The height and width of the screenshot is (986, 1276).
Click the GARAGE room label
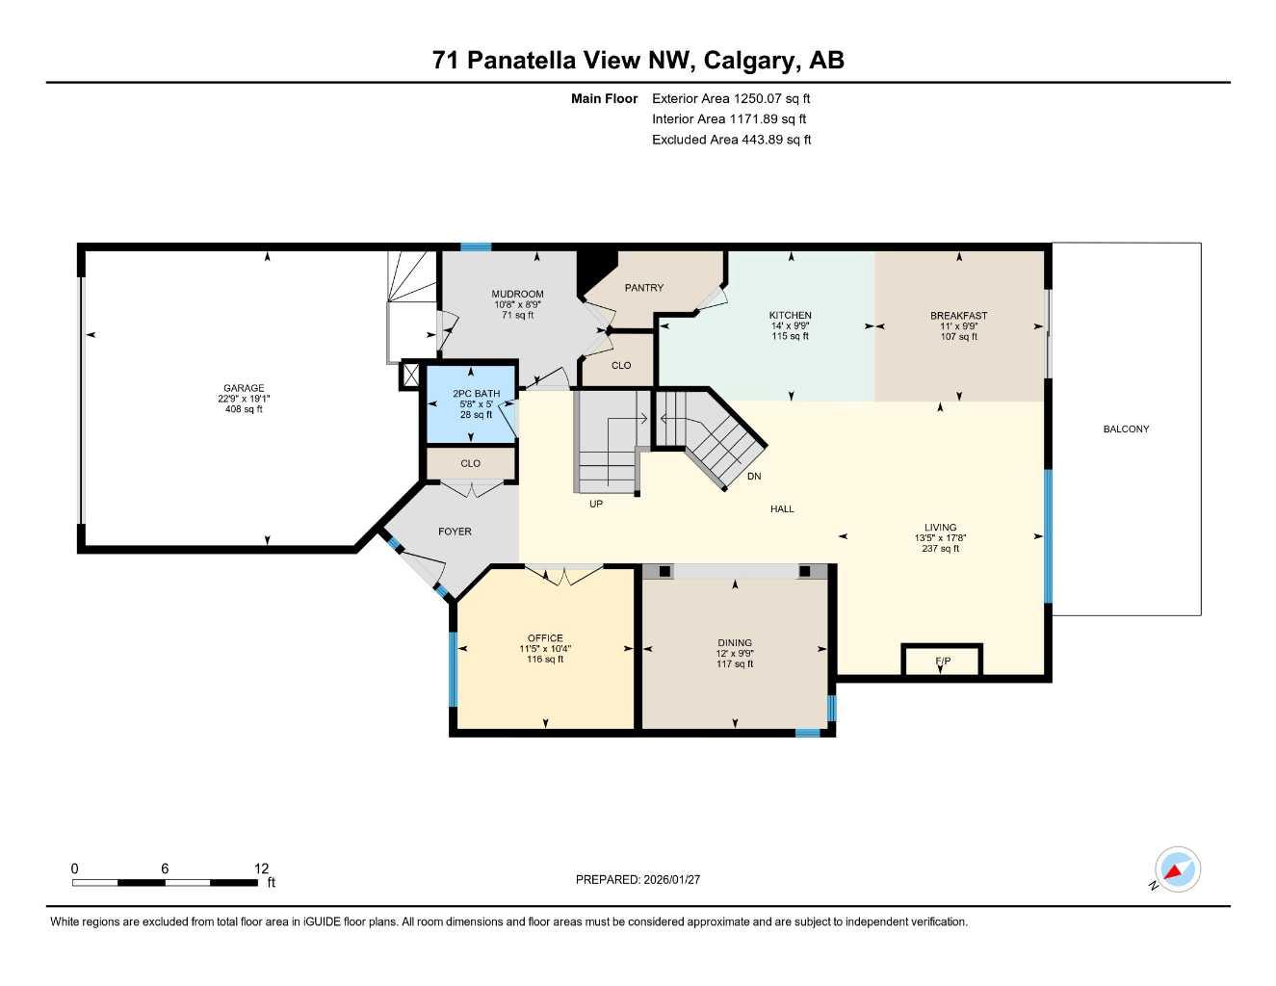pos(244,388)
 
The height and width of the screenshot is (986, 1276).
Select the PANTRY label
pos(643,287)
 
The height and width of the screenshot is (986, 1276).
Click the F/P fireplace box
pos(942,661)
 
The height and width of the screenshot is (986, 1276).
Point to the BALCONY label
pos(1126,429)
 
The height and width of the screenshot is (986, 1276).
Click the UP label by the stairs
pos(596,504)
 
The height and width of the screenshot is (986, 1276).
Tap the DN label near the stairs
pos(754,476)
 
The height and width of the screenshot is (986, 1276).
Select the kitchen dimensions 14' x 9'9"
pos(790,325)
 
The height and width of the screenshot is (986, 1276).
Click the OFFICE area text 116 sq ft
pos(545,659)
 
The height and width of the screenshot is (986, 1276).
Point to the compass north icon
pos(1177,870)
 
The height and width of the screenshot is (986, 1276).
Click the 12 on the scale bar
pos(261,869)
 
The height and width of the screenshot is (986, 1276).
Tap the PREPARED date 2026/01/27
pos(672,879)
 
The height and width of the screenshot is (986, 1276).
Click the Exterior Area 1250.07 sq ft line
pos(731,98)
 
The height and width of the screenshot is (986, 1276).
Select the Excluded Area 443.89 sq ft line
pos(731,140)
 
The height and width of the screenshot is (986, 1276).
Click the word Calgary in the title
pos(749,60)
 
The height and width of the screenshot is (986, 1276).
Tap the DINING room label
pos(735,642)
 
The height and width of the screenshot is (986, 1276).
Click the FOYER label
pos(455,532)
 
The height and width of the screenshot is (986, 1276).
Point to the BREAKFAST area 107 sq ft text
pos(959,337)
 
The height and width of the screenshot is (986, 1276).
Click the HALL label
pos(782,508)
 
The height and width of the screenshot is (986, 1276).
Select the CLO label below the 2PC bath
pos(470,463)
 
